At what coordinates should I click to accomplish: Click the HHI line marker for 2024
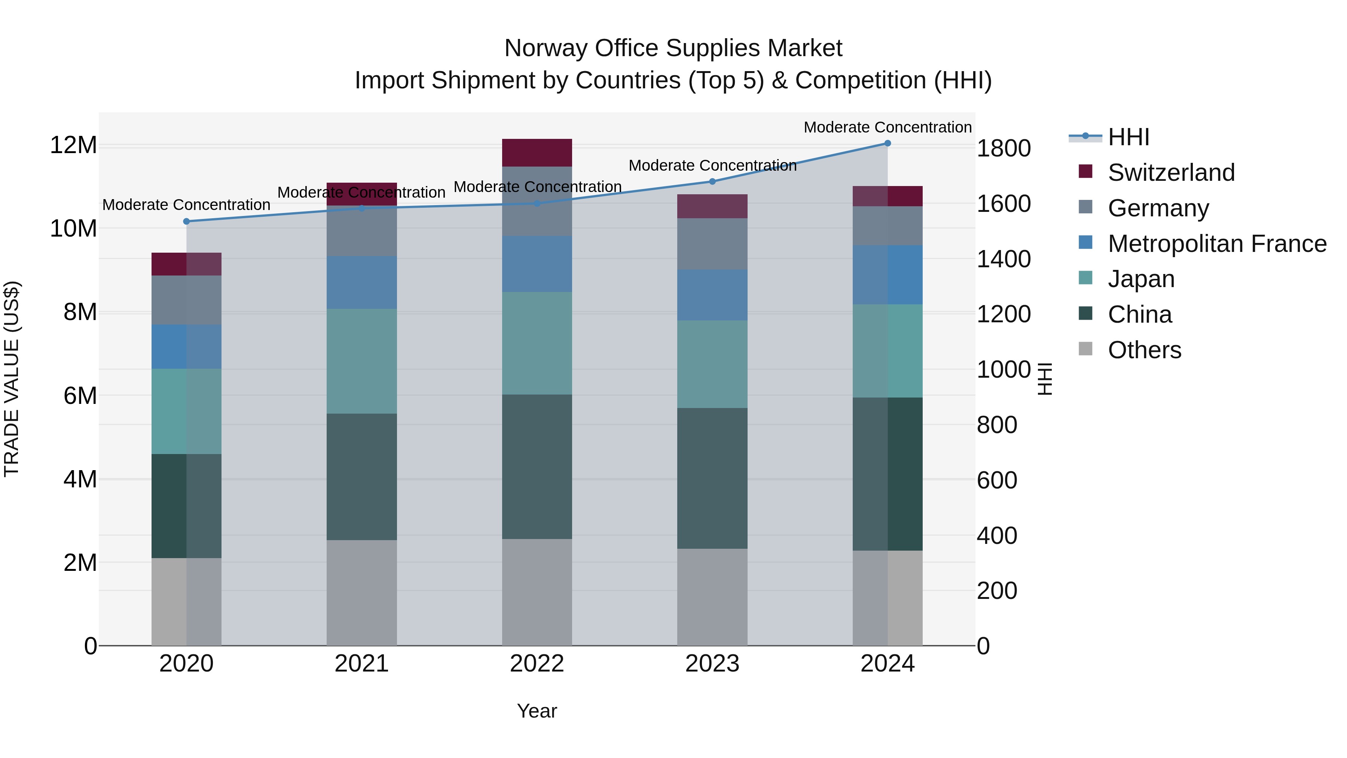tap(888, 143)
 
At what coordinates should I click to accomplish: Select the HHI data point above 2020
tap(186, 221)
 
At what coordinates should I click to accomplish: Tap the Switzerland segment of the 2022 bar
tap(537, 153)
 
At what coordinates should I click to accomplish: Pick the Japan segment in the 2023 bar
tap(712, 364)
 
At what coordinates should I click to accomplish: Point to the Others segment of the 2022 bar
tap(537, 592)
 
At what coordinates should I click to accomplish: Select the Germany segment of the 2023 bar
tap(712, 244)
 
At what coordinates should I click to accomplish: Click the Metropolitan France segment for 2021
tap(361, 283)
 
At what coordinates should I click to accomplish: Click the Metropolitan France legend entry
tap(1216, 244)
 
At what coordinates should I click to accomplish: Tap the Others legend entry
tap(1144, 350)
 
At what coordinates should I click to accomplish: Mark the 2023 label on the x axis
tap(712, 664)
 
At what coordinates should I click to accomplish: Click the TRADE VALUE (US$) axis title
tap(12, 379)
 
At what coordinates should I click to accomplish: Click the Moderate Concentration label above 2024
tap(888, 127)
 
